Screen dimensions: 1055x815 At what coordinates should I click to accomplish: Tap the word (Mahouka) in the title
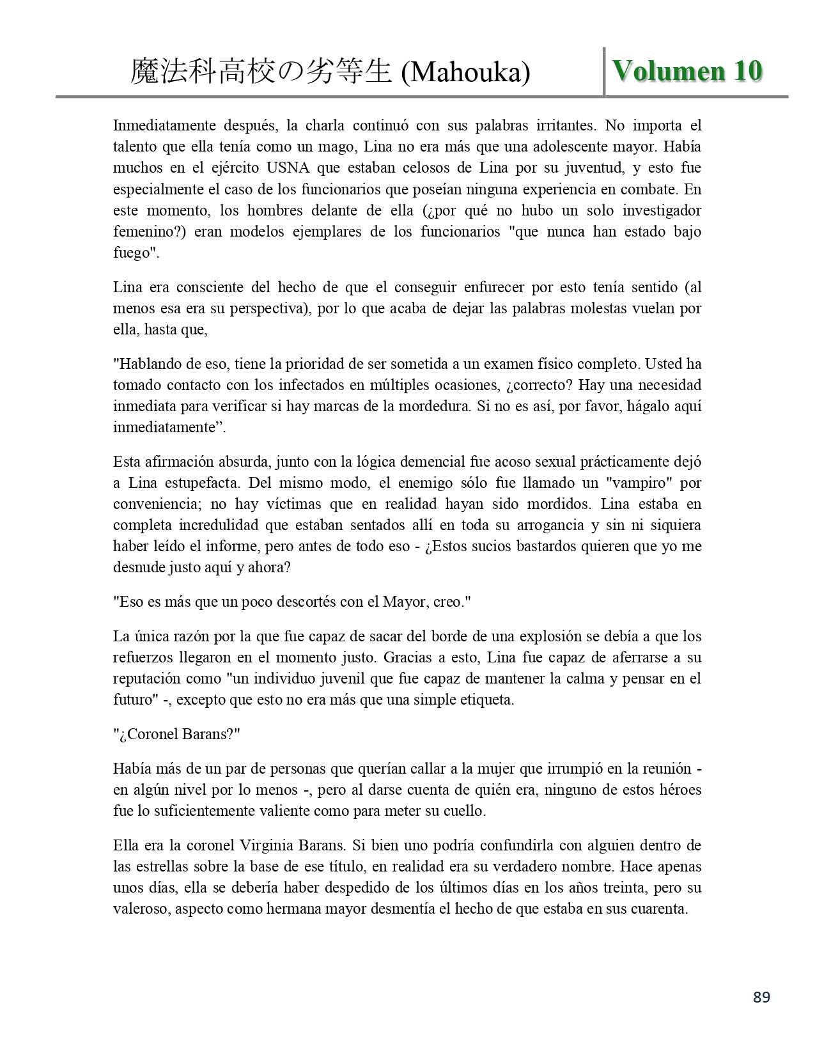pyautogui.click(x=465, y=73)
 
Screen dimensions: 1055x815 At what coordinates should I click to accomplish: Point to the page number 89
pyautogui.click(x=761, y=997)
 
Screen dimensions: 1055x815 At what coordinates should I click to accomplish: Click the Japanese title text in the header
pyautogui.click(x=261, y=73)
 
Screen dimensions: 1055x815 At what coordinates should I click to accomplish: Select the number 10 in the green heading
pyautogui.click(x=747, y=71)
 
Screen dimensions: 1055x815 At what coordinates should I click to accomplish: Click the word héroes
pyautogui.click(x=679, y=790)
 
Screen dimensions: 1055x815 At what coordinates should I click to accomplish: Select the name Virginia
pyautogui.click(x=270, y=845)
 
